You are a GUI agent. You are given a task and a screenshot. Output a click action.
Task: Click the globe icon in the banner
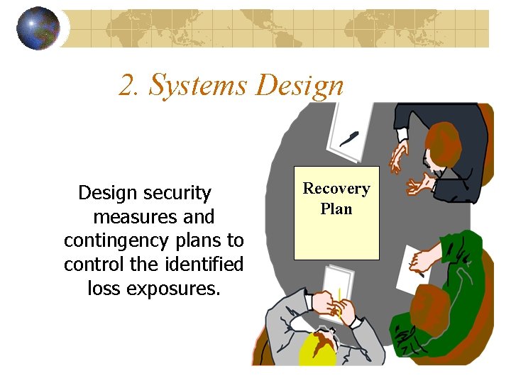coord(38,28)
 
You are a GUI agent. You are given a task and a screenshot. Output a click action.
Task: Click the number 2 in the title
coord(126,86)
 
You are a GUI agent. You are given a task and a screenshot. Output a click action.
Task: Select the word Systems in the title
coord(198,87)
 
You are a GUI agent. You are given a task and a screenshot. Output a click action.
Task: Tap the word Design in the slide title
coord(300,87)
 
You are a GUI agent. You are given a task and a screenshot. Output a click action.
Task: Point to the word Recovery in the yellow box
coord(336,189)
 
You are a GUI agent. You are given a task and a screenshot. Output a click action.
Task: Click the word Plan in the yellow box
coord(336,209)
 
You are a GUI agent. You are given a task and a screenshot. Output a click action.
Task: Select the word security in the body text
coord(177,193)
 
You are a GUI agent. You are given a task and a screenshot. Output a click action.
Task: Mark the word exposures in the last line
coord(173,289)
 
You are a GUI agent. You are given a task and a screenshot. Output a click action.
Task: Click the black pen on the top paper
coord(350,138)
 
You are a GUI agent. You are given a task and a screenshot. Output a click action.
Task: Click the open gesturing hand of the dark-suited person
coord(418,185)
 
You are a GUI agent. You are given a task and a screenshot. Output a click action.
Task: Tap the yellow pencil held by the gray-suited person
coord(340,298)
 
